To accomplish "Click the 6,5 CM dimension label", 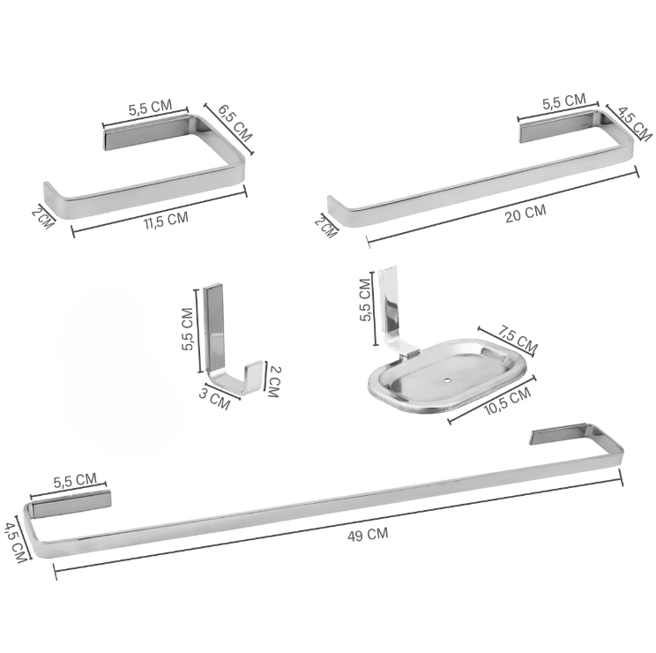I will point(235,124).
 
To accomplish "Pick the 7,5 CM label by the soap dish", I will point(517,337).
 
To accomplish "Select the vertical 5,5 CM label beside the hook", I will point(187,329).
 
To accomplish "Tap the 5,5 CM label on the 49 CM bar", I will point(75,481).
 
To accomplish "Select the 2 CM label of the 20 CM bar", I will point(324,227).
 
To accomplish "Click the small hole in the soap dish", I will point(450,382).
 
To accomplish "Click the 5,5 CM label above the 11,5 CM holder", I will point(150,109).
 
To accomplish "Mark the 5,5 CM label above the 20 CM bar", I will point(563,101).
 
